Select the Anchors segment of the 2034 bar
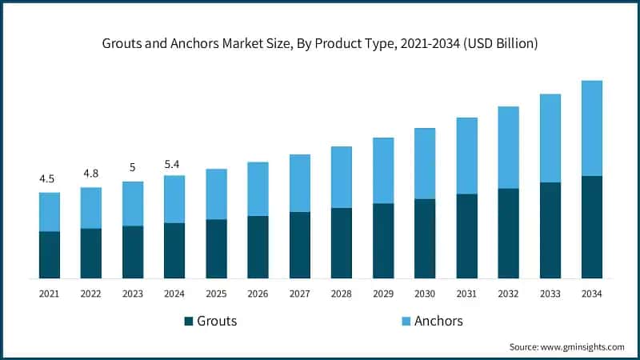coord(591,128)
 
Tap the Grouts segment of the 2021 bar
coord(50,254)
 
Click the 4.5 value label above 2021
coord(49,178)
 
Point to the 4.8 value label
coord(90,174)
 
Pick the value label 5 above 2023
coord(133,167)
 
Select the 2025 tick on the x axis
coord(216,294)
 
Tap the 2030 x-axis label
coord(425,294)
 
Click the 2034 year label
coord(591,294)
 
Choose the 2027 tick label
coord(299,294)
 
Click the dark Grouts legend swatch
coord(189,322)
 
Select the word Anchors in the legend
coord(438,322)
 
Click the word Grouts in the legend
coord(218,322)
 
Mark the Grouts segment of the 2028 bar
coord(342,242)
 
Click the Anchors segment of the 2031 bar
coord(466,155)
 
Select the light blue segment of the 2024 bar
coord(174,198)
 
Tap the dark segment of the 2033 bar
coord(550,230)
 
